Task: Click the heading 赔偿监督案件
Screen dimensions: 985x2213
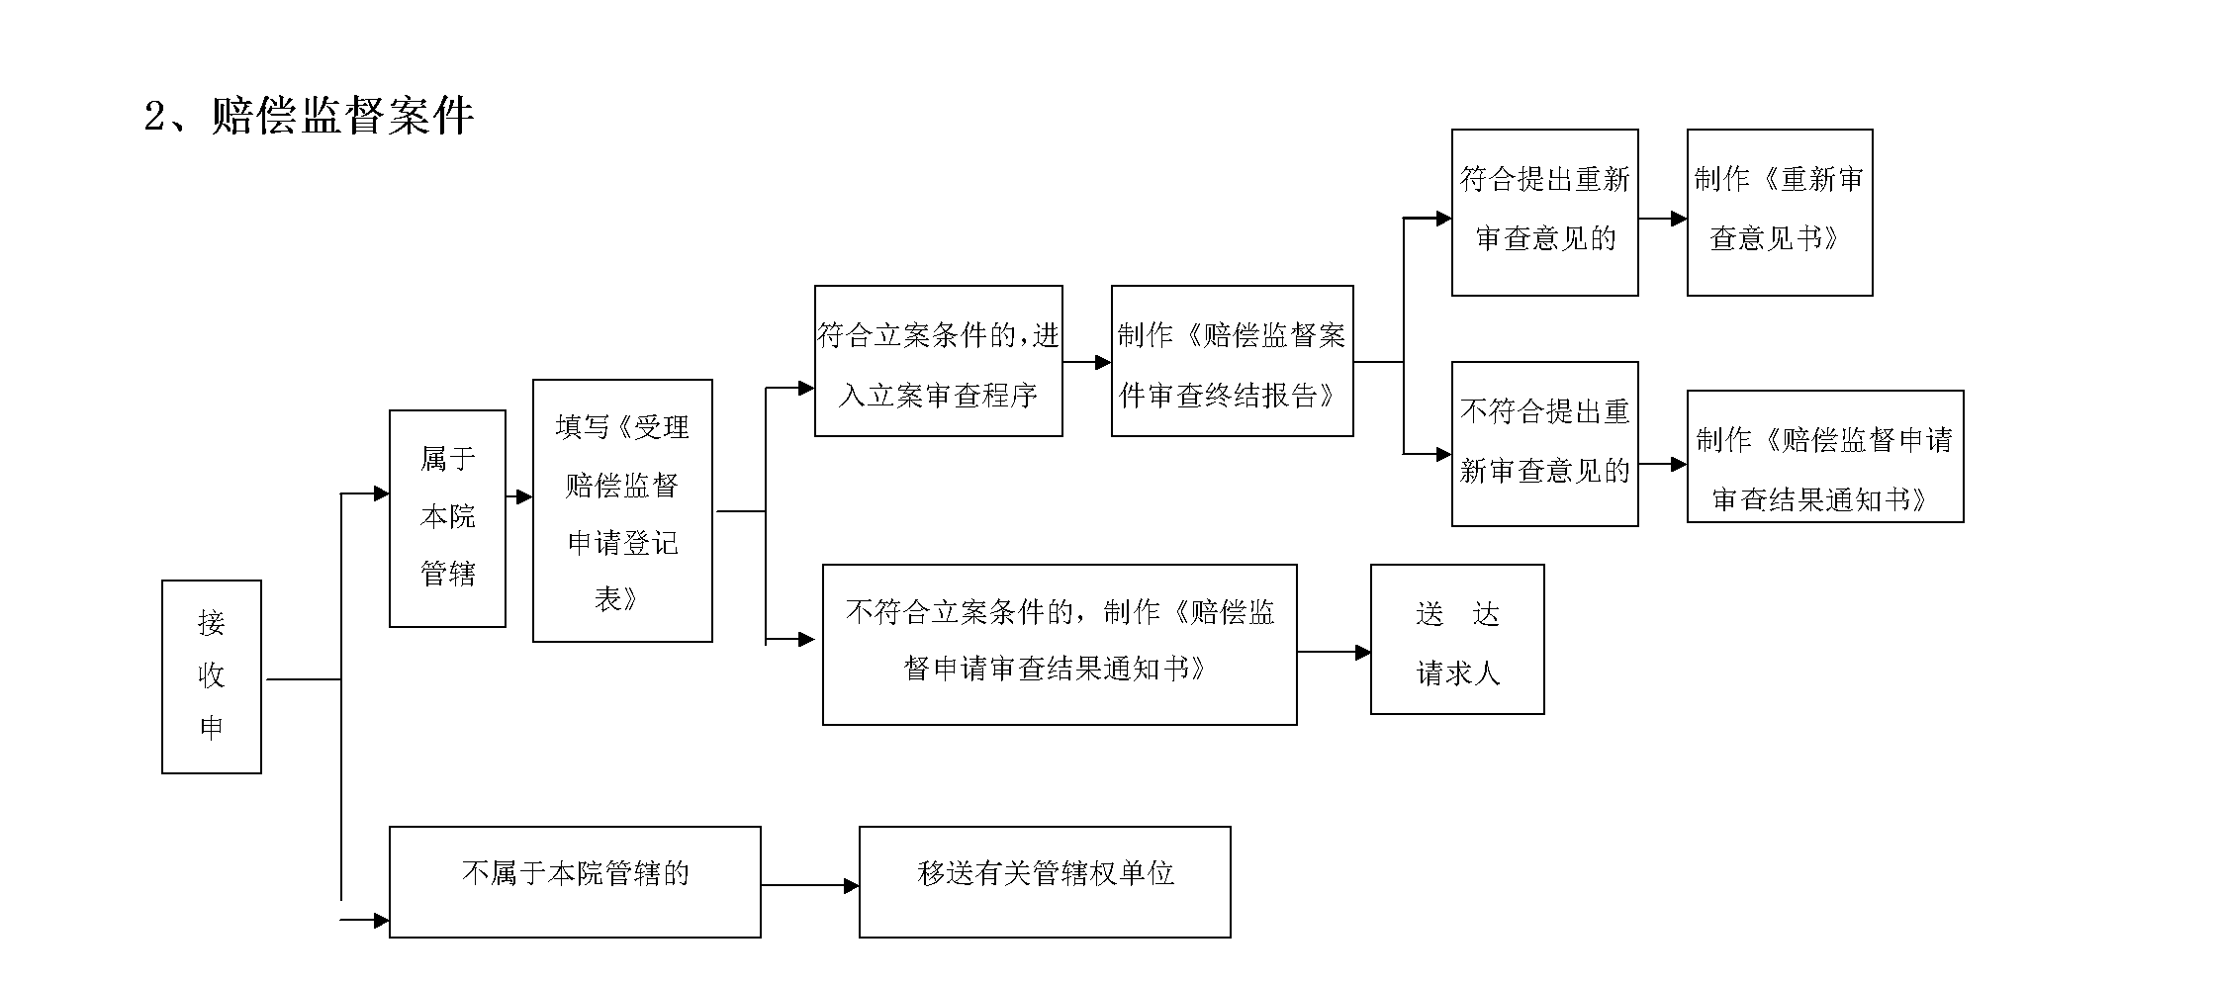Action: pos(342,117)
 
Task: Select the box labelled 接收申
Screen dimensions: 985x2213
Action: pos(211,676)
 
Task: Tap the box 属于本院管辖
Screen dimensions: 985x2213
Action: pos(447,518)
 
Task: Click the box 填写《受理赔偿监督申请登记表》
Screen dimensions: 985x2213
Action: pos(622,511)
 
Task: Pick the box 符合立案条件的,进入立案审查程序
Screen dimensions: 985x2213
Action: pos(938,362)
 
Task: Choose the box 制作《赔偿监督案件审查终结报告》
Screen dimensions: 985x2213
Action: pos(1232,362)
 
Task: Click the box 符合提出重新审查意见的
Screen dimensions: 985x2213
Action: pos(1544,213)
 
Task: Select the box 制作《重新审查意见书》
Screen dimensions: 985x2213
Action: pos(1779,213)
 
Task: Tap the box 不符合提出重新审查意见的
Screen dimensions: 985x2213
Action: pos(1544,444)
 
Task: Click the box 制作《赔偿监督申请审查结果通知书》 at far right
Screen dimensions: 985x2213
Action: pos(1824,457)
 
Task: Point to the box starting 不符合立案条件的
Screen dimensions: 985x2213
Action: pos(1059,645)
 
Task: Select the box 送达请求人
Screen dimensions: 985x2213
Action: pos(1456,640)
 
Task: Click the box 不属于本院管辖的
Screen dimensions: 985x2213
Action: pos(575,882)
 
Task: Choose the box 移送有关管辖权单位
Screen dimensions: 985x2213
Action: pos(1045,882)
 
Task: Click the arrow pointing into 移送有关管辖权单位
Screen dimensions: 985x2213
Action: pos(849,886)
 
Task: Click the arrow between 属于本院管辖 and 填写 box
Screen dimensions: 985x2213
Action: pos(522,497)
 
